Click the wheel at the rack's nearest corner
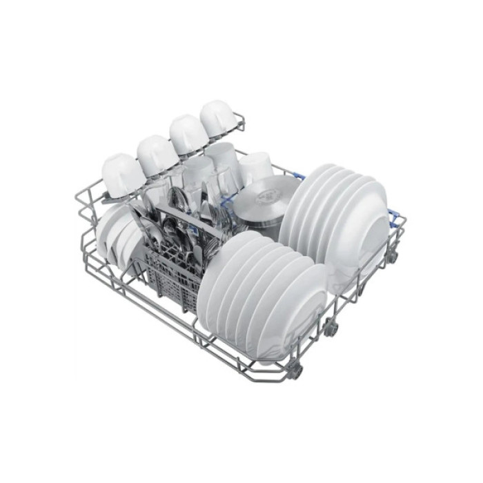[295, 371]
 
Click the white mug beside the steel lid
[256, 166]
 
